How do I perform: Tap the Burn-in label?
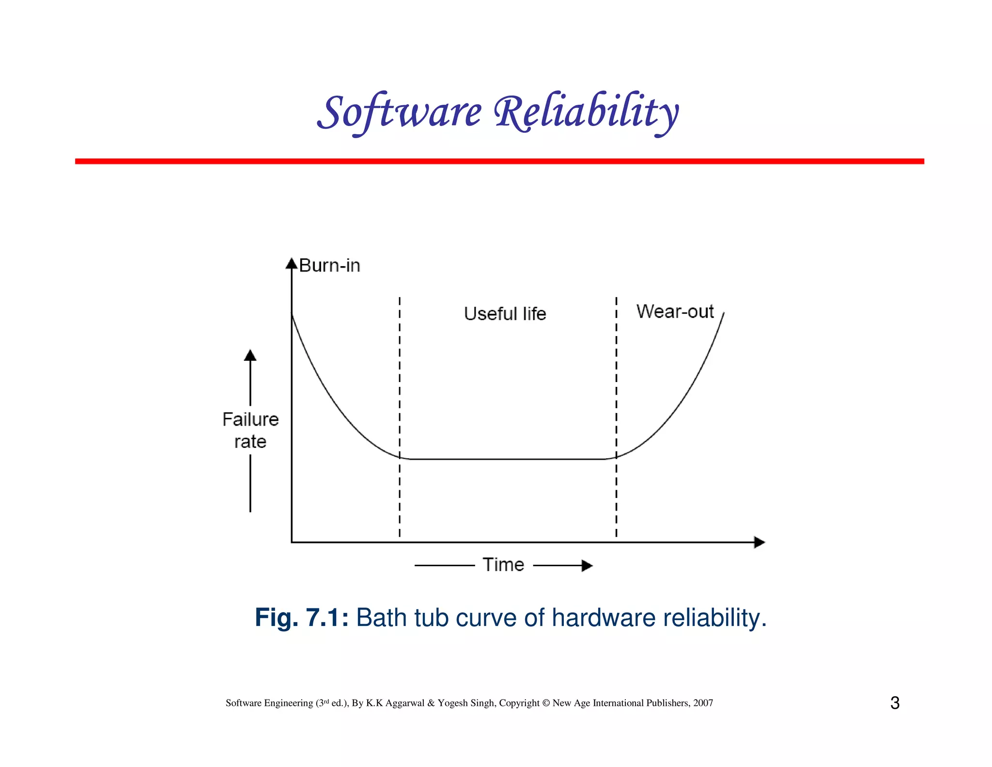pos(329,266)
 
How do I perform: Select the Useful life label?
pos(505,314)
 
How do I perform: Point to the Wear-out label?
pos(675,311)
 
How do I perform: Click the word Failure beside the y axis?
pos(250,419)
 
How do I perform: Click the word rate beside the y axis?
pos(250,442)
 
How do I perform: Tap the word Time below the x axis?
pos(503,565)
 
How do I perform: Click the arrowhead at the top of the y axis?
pos(291,264)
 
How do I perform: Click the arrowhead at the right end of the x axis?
pos(759,542)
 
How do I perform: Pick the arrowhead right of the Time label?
pos(587,565)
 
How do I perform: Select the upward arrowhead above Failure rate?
pos(250,355)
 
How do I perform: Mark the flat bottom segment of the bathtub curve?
pos(506,459)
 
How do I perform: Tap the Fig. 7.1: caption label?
pos(301,618)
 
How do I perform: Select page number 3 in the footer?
pos(895,703)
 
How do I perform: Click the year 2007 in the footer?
pos(703,703)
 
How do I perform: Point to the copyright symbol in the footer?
pos(546,703)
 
